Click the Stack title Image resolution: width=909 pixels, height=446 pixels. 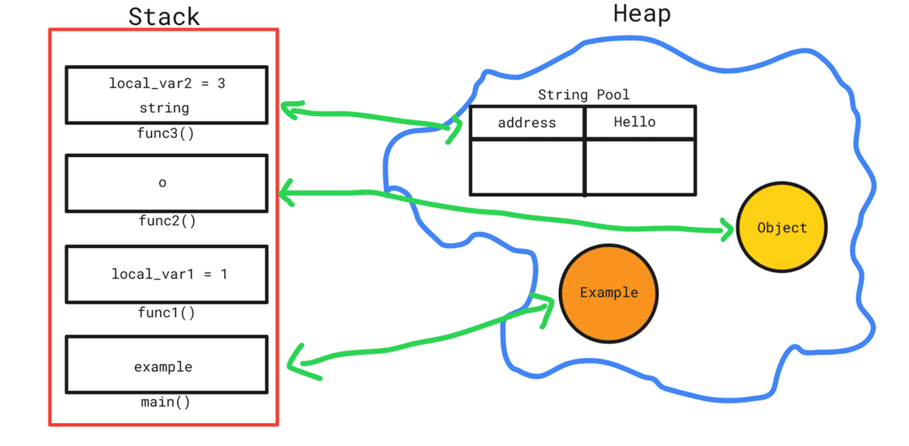pos(164,16)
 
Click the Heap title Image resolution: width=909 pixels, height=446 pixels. pos(642,13)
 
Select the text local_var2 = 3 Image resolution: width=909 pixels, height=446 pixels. pos(167,83)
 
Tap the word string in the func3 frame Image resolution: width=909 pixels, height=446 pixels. pos(164,108)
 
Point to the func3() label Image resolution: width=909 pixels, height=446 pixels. pos(167,133)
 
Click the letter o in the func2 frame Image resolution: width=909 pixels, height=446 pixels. pos(163,183)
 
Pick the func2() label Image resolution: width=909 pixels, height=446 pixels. pos(167,221)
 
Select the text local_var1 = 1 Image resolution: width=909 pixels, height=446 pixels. pos(169,274)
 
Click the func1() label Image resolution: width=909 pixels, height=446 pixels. pos(167,312)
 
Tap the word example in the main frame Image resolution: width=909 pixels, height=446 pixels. pos(164,367)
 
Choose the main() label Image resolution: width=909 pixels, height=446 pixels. pos(166,401)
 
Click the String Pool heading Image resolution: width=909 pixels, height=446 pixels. pos(583,95)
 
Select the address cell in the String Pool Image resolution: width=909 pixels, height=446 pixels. pos(526,122)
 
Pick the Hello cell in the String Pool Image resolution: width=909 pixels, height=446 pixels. pos(635,122)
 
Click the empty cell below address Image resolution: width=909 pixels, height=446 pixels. pos(526,167)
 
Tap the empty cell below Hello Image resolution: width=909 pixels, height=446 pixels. pos(640,167)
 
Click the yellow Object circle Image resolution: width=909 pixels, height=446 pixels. pos(782,227)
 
